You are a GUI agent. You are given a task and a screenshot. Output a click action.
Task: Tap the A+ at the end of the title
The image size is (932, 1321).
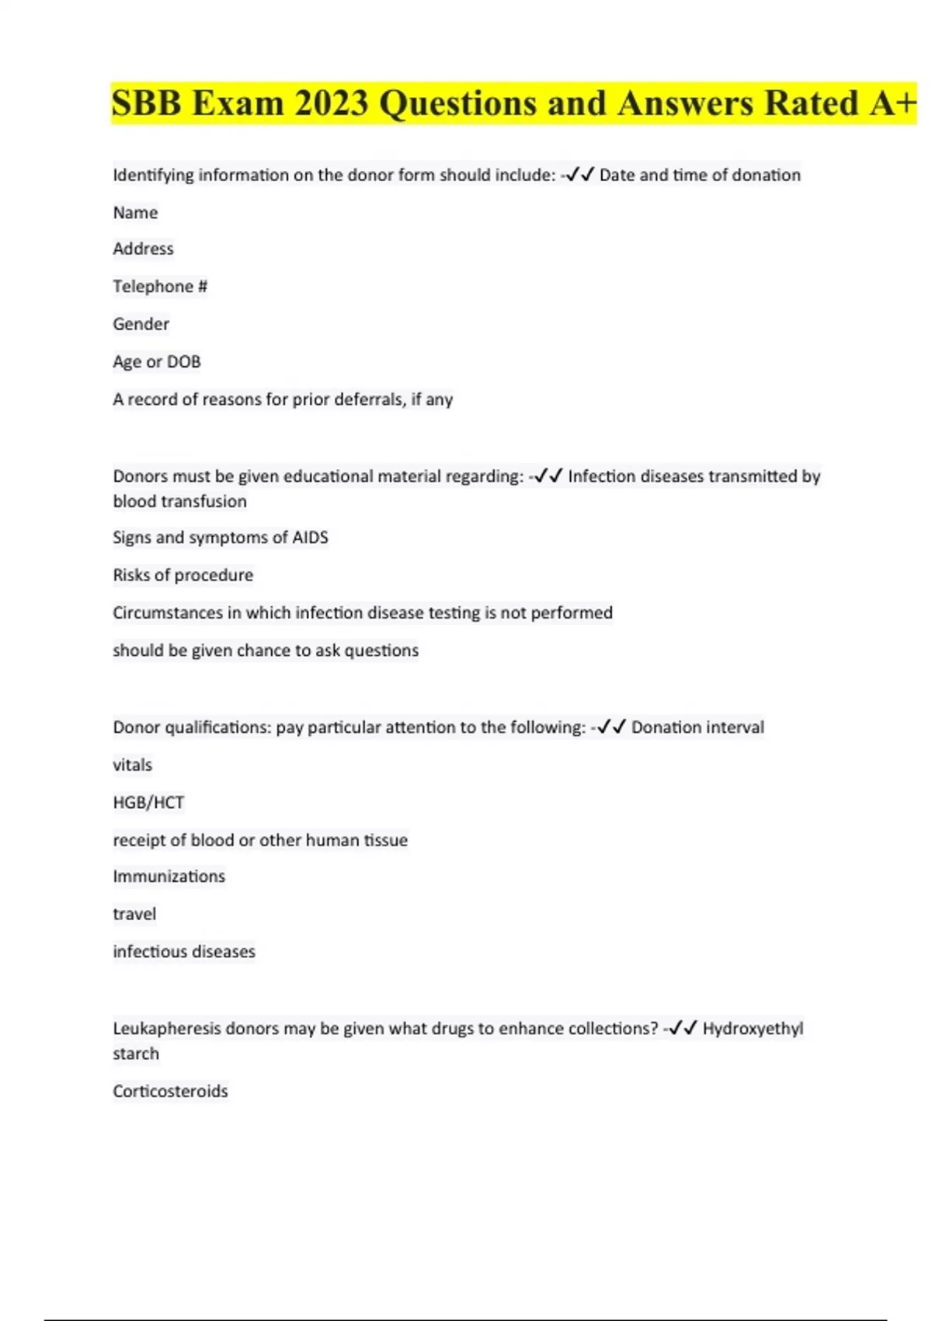[892, 103]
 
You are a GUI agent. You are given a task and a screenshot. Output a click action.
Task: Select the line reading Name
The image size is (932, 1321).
[135, 213]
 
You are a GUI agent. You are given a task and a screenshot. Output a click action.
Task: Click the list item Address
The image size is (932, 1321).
[143, 249]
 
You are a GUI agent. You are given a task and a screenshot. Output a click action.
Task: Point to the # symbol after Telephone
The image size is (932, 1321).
[203, 287]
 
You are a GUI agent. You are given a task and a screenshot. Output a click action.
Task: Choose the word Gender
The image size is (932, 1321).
[141, 324]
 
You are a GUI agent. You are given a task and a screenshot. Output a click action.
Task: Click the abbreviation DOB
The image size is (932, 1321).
[183, 362]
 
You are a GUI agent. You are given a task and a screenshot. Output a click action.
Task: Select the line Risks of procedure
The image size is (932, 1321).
[183, 575]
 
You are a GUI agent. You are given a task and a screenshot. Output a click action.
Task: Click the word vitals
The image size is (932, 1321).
[132, 765]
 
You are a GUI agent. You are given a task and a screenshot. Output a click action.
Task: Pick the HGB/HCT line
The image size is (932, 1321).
[148, 803]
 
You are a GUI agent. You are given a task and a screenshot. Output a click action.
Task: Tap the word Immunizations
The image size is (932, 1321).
[169, 877]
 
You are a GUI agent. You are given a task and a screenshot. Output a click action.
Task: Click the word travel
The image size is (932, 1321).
[134, 915]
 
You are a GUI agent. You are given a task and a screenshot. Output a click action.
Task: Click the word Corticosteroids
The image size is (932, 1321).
[170, 1092]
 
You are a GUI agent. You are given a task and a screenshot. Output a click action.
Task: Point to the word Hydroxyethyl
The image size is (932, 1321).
[753, 1029]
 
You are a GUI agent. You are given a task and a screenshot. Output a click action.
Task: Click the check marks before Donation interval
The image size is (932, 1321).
[612, 727]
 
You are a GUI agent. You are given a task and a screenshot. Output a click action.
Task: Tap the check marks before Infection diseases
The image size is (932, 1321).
[548, 476]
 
